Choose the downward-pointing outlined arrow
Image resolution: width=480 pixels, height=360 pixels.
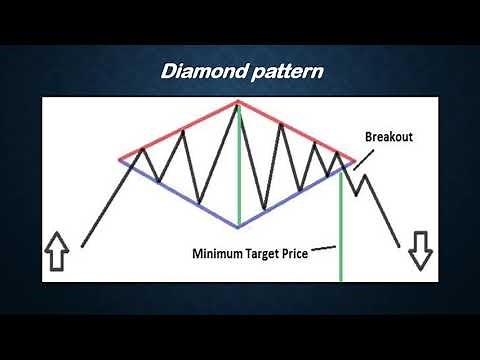coord(420,251)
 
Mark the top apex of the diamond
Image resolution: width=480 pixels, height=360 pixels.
coord(239,102)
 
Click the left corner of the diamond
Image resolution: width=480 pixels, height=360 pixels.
coord(119,160)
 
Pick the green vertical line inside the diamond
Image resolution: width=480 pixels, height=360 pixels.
coord(239,170)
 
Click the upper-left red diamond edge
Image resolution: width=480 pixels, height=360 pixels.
coord(180,131)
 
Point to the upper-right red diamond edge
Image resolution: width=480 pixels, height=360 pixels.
coord(295,130)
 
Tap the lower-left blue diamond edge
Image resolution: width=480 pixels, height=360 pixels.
coord(180,194)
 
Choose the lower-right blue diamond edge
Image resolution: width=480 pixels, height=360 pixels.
coord(295,196)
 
